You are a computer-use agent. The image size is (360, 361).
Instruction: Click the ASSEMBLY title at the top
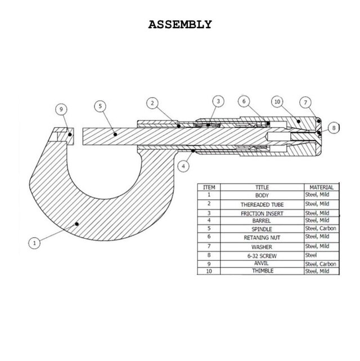pyautogui.click(x=180, y=24)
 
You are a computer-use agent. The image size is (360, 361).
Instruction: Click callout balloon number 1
pyautogui.click(x=35, y=244)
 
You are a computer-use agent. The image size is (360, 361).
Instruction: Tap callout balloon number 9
pyautogui.click(x=63, y=109)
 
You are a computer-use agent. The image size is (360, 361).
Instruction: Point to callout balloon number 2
pyautogui.click(x=152, y=103)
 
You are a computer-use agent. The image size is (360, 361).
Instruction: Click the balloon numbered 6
pyautogui.click(x=243, y=101)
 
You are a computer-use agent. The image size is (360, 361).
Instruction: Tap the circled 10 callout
pyautogui.click(x=277, y=102)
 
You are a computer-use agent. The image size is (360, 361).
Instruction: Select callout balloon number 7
pyautogui.click(x=304, y=102)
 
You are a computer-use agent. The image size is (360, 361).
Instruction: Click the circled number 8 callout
pyautogui.click(x=334, y=128)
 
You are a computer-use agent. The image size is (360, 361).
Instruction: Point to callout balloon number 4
pyautogui.click(x=183, y=166)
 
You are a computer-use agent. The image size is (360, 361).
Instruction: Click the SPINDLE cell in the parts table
pyautogui.click(x=262, y=230)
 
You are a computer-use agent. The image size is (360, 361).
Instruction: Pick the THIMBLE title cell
pyautogui.click(x=262, y=271)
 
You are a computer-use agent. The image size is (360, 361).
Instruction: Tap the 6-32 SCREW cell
pyautogui.click(x=262, y=255)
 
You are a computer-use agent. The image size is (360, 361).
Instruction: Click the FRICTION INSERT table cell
pyautogui.click(x=262, y=213)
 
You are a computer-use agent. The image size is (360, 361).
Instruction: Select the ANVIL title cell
pyautogui.click(x=262, y=263)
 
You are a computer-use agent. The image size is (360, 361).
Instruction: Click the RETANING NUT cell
pyautogui.click(x=262, y=238)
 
